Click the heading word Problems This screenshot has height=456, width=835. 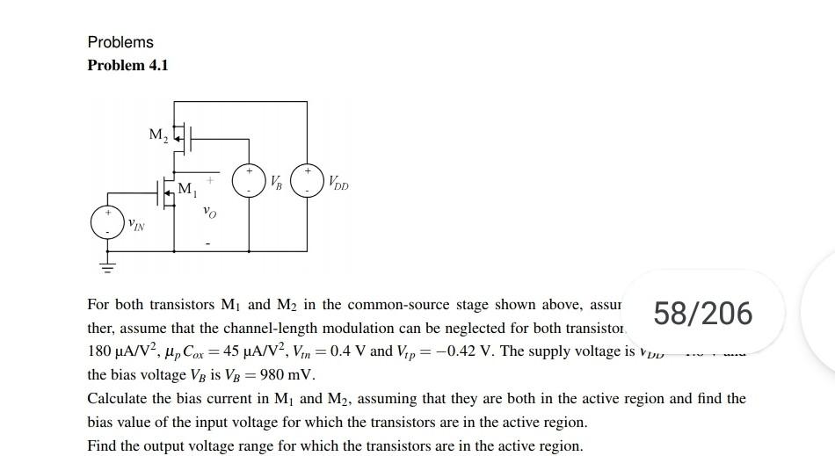pos(120,42)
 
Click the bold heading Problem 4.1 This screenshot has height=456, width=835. pos(127,66)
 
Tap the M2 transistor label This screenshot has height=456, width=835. pos(157,134)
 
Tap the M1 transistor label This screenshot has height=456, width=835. pos(187,188)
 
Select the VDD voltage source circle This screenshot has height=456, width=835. pos(308,179)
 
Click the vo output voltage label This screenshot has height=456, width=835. pos(208,211)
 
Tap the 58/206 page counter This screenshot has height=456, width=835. pos(704,313)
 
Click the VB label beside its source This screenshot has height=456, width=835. pos(277,184)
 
